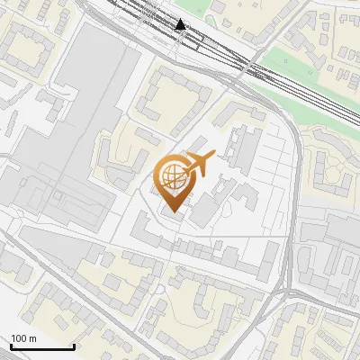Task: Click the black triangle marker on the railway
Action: click(184, 25)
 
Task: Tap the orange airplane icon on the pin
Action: click(201, 163)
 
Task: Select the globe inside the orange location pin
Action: click(173, 176)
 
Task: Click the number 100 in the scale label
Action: click(19, 338)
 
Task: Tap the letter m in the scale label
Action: click(33, 338)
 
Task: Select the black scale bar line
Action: click(41, 346)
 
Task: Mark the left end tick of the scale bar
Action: click(10, 345)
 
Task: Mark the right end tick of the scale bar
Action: click(74, 345)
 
